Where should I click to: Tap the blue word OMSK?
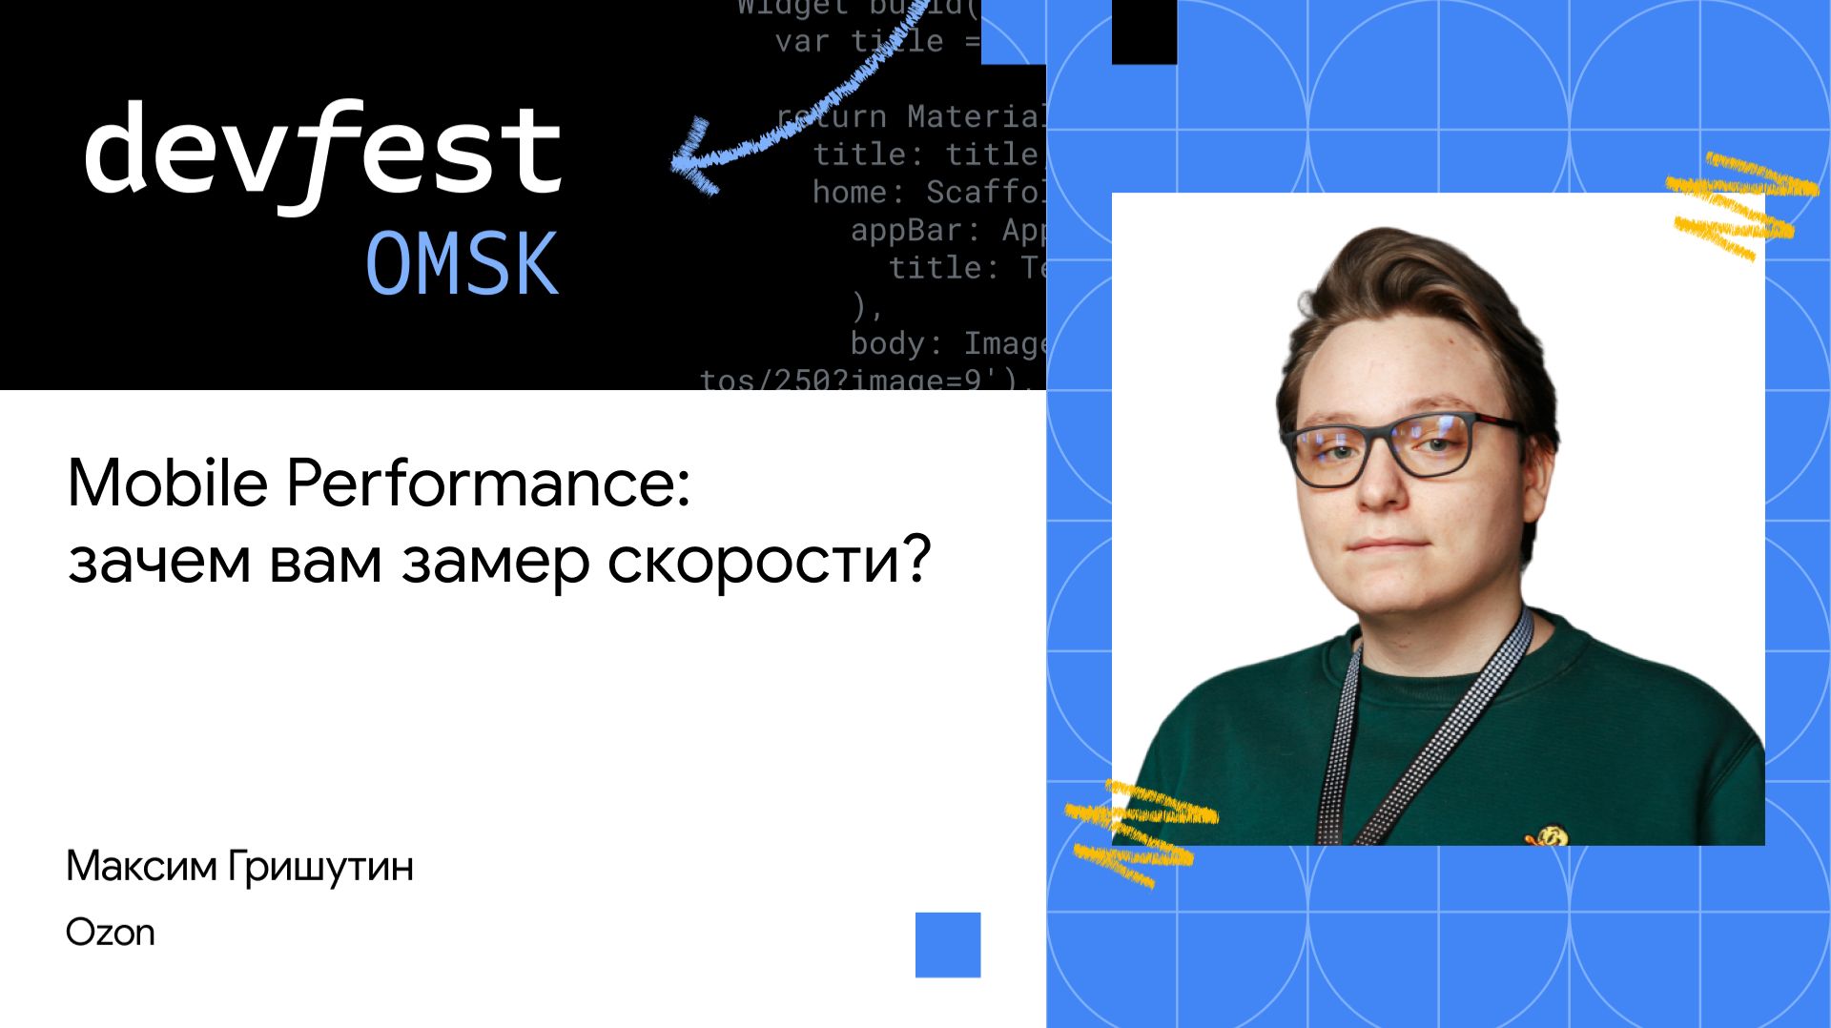(x=462, y=264)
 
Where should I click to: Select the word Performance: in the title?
(x=487, y=483)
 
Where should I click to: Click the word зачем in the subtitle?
(x=159, y=560)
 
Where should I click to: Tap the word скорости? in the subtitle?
(x=769, y=560)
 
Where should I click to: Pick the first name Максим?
(x=141, y=866)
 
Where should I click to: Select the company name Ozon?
(x=110, y=932)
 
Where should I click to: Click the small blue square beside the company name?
(x=947, y=944)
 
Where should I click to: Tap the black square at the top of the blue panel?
(x=1143, y=31)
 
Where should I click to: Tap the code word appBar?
(x=906, y=230)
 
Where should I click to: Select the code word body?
(x=895, y=343)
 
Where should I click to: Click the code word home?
(x=857, y=192)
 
